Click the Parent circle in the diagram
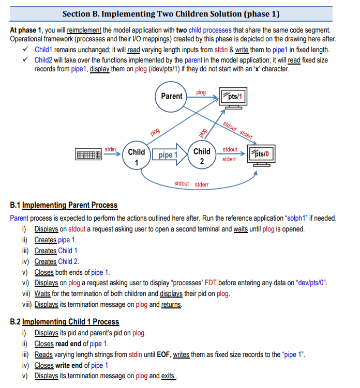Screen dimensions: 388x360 coord(171,97)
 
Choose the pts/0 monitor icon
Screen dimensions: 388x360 coord(262,156)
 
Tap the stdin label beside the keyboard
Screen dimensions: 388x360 coord(111,149)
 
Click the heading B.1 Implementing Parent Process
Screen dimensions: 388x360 coord(64,205)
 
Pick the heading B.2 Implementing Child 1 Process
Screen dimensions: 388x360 coord(64,322)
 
